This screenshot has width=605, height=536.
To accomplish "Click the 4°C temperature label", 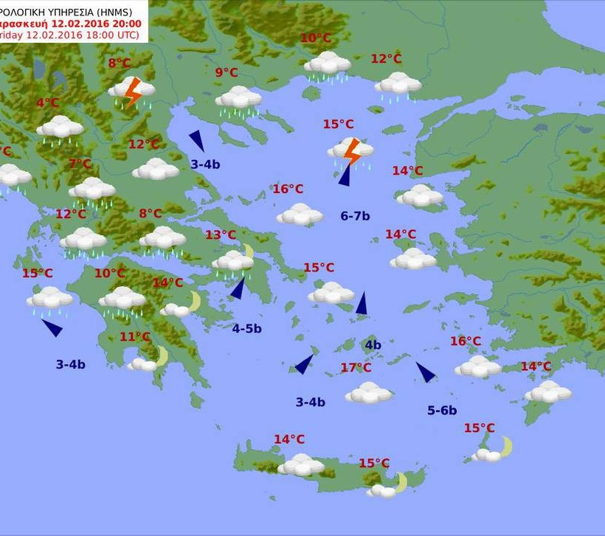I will pyautogui.click(x=47, y=103).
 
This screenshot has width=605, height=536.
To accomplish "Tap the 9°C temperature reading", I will pyautogui.click(x=227, y=72).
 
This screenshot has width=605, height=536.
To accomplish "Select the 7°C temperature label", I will pyautogui.click(x=80, y=164).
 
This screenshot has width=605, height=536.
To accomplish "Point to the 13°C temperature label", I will pyautogui.click(x=221, y=235).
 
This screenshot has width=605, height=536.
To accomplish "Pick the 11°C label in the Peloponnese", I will pyautogui.click(x=135, y=337).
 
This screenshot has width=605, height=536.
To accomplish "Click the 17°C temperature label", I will pyautogui.click(x=356, y=368).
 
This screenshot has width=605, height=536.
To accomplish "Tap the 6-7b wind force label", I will pyautogui.click(x=355, y=216).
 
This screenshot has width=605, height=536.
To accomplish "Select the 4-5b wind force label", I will pyautogui.click(x=246, y=329).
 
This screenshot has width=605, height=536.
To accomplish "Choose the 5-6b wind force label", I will pyautogui.click(x=442, y=411).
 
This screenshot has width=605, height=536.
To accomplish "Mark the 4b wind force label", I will pyautogui.click(x=373, y=345).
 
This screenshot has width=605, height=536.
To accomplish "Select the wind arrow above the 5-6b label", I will pyautogui.click(x=426, y=372).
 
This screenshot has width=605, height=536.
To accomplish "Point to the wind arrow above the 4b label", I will pyautogui.click(x=362, y=304).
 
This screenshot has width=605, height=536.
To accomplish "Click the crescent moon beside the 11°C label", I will pyautogui.click(x=161, y=356).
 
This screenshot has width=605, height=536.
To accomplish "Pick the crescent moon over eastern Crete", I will pyautogui.click(x=401, y=482).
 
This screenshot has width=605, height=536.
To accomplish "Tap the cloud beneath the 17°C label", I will pyautogui.click(x=368, y=393).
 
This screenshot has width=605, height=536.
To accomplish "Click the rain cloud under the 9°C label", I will pyautogui.click(x=238, y=99).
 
